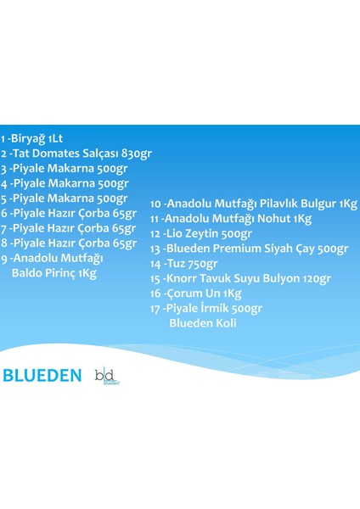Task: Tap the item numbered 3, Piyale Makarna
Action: point(64,168)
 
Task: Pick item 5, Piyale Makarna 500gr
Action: point(64,198)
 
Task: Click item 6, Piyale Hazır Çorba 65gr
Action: point(68,213)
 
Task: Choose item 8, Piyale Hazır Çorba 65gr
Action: point(68,243)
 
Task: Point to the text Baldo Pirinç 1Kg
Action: point(53,273)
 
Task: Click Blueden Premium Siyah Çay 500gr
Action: point(249,249)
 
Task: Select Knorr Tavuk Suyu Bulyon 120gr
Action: point(240,278)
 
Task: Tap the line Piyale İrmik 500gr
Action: point(206,308)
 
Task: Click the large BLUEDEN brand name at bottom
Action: point(42,375)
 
